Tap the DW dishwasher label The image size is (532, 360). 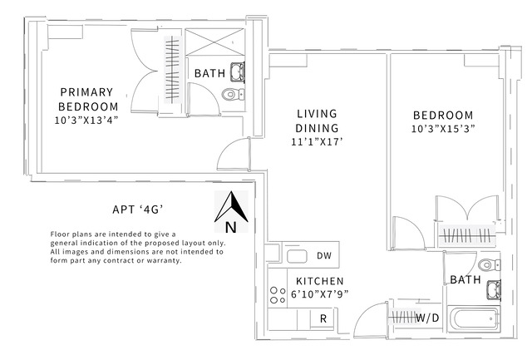point(324,255)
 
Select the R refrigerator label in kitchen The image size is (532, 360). point(323,318)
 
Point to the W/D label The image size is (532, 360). point(427,318)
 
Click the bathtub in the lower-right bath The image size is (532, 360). point(474,318)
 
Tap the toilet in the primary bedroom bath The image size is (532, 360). point(233,94)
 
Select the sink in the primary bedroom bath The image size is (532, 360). point(238,72)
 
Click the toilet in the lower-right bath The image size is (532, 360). point(489,264)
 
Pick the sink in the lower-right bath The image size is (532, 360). point(494,290)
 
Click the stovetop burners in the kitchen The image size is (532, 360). point(278,295)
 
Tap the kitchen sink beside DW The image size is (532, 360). point(297,256)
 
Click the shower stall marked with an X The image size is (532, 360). point(214,42)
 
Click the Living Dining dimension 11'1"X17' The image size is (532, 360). point(316,142)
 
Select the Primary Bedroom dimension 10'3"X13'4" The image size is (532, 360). point(86,121)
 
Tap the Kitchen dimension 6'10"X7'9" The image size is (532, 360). point(319,293)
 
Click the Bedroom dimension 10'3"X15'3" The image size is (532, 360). point(443,129)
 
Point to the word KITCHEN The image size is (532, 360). point(320,281)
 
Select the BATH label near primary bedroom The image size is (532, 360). point(209,73)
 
